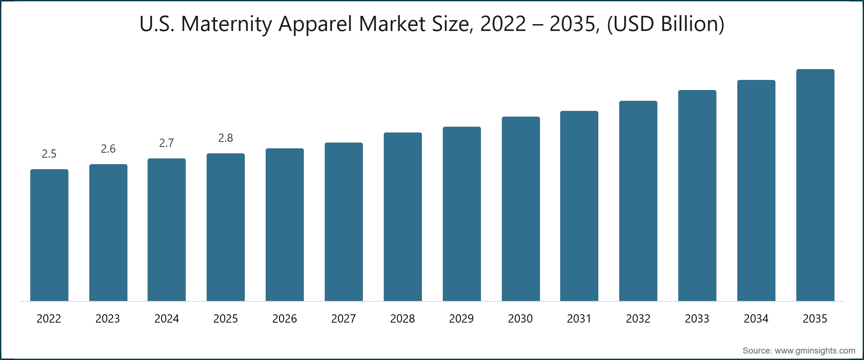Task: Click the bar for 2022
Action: tap(49, 235)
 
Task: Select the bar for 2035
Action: tap(815, 185)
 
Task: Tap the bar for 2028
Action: tap(402, 217)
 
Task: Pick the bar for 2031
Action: tap(579, 206)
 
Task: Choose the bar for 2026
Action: tap(285, 225)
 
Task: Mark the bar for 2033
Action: tap(697, 195)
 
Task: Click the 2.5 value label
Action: tap(49, 154)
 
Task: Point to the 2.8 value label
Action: tap(226, 138)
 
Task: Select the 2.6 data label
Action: tap(108, 149)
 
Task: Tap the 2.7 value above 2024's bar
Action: tap(167, 143)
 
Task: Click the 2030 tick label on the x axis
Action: tap(520, 319)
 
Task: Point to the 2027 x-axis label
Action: tap(343, 319)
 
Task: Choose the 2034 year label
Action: tap(756, 319)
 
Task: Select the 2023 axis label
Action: tap(108, 319)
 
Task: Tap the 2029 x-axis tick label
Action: tap(462, 319)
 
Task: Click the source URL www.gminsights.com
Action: tap(815, 351)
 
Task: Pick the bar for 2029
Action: tap(462, 214)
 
